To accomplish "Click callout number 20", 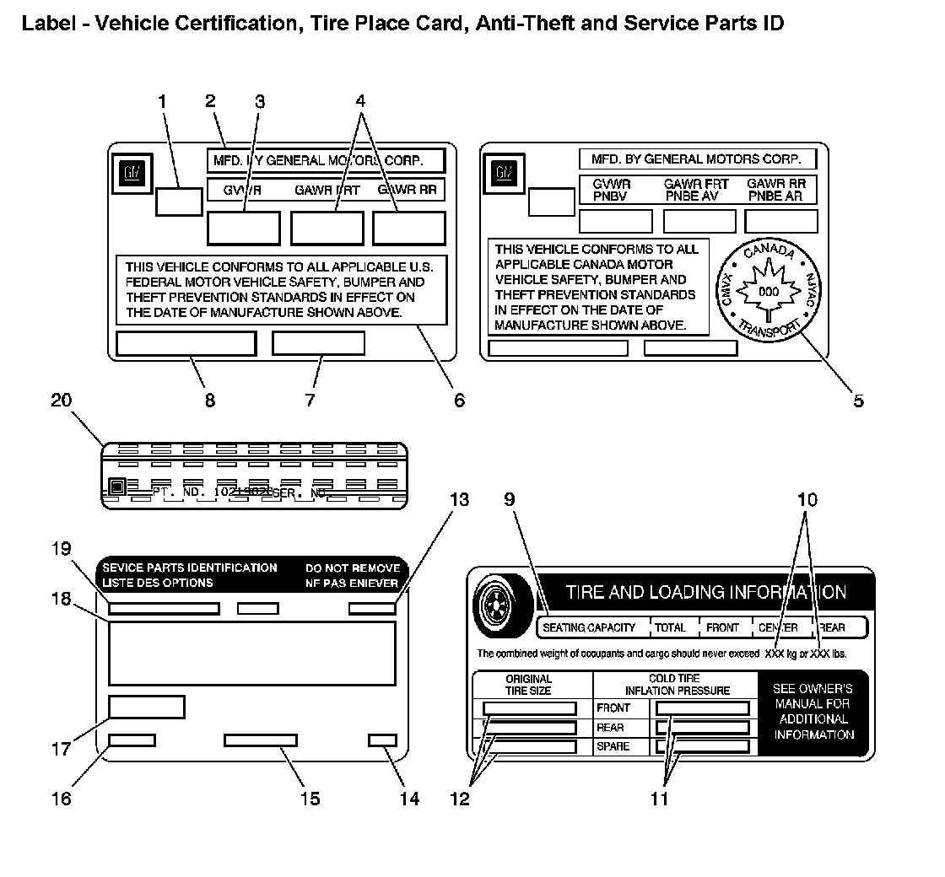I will [62, 401].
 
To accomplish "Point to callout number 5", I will [857, 401].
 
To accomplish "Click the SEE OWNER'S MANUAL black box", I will [813, 712].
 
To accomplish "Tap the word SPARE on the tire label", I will [613, 747].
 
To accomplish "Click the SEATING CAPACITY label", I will [589, 627].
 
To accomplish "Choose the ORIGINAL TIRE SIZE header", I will [529, 685].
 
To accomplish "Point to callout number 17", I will [62, 748].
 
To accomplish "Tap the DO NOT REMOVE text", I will [353, 568].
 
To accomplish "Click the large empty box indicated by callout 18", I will [252, 653].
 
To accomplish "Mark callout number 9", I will [509, 499].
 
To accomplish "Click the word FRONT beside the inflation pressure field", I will [613, 708].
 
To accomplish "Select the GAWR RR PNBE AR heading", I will [775, 190].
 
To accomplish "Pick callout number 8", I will [209, 401].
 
